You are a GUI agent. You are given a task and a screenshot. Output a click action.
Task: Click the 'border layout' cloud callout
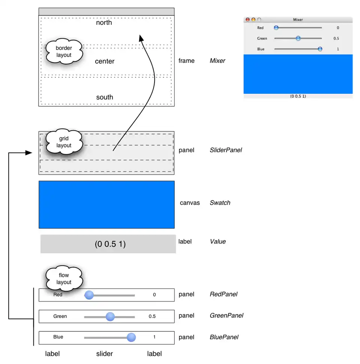point(64,52)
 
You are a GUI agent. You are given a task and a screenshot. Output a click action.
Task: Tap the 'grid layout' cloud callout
point(64,142)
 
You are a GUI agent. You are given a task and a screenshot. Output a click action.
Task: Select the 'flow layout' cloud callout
point(64,279)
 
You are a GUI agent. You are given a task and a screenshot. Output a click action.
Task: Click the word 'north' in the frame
point(104,23)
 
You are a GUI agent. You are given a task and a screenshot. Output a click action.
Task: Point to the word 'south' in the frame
point(105,97)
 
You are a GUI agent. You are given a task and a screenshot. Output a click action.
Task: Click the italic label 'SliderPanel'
point(226,150)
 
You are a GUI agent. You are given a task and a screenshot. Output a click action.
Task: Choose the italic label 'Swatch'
point(220,203)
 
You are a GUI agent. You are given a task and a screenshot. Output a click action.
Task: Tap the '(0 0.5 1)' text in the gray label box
point(110,244)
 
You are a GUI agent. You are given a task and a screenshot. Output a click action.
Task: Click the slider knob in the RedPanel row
point(89,295)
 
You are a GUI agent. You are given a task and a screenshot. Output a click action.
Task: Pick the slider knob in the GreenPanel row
point(110,317)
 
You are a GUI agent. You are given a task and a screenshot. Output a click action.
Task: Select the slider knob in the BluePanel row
point(131,337)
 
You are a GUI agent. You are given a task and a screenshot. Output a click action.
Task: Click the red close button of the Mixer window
point(247,20)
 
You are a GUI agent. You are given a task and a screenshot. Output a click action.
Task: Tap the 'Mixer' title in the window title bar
point(298,20)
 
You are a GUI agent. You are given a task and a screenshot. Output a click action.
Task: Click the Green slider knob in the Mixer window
point(298,38)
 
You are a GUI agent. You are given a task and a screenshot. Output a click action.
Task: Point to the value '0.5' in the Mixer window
point(336,38)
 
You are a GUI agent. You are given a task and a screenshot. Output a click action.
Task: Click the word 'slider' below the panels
point(104,353)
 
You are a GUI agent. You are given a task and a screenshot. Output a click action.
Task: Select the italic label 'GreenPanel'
point(226,316)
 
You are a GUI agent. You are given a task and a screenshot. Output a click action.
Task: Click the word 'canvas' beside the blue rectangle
point(190,203)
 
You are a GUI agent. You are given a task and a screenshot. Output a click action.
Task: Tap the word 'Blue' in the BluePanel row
point(58,337)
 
